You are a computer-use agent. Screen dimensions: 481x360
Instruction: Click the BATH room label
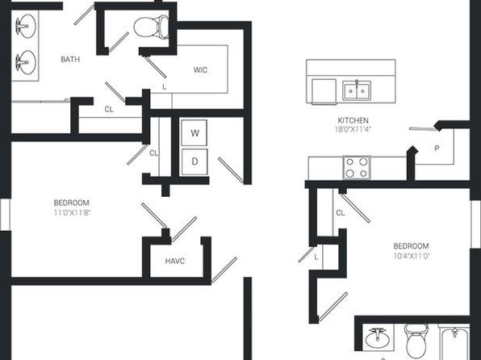point(70,59)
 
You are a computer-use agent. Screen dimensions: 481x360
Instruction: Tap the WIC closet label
point(200,70)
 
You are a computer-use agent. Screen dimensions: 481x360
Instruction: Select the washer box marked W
point(194,133)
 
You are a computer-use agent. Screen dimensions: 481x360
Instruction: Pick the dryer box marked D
point(194,161)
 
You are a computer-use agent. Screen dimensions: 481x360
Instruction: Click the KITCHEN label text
point(353,120)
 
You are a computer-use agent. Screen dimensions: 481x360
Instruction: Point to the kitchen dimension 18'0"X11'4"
point(353,129)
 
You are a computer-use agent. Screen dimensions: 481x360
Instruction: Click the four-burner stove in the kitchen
point(357,168)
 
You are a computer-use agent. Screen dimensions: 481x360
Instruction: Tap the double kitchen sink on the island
point(357,90)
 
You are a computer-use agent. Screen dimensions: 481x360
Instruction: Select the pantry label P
point(437,149)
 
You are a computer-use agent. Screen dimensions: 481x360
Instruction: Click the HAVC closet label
point(175,262)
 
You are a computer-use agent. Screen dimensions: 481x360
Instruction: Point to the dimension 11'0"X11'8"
point(72,212)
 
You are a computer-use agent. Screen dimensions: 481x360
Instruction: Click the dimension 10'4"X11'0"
point(411,256)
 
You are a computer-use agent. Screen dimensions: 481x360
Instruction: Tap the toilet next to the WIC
point(152,27)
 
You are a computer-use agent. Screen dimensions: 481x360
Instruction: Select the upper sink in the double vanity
point(26,26)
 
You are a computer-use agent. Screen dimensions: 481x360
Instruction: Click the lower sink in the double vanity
point(26,62)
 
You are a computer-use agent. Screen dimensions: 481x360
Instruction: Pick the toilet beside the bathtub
point(416,341)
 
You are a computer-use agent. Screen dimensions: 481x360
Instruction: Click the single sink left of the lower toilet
point(378,338)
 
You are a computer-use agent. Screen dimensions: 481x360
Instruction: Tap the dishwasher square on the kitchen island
point(324,91)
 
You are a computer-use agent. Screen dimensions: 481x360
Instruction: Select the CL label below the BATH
point(109,109)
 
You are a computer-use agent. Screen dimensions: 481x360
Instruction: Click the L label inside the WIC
point(165,87)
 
